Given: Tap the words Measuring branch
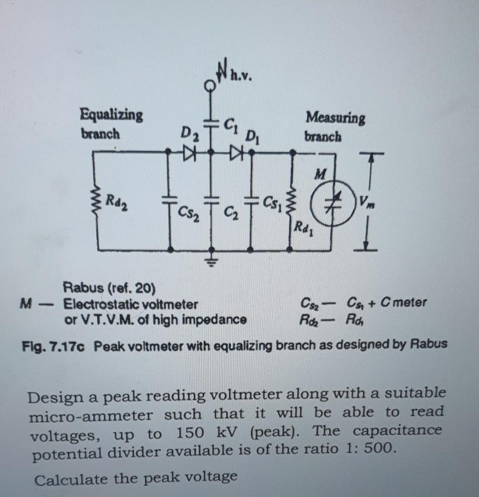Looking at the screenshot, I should click(335, 127).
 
